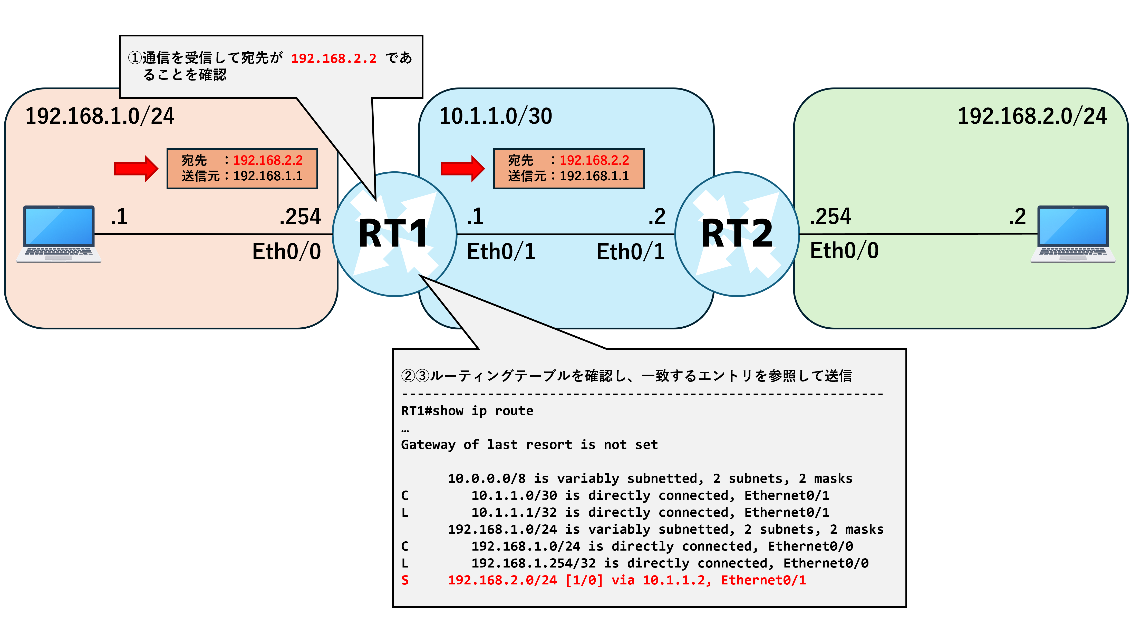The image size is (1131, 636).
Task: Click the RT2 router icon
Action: pyautogui.click(x=737, y=234)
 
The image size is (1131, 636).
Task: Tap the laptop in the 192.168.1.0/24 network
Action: pyautogui.click(x=59, y=234)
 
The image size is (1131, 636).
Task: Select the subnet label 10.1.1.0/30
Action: pyautogui.click(x=496, y=116)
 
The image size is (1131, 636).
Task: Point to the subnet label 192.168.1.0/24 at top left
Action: pyautogui.click(x=100, y=116)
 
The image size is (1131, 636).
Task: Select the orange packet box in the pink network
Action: pyautogui.click(x=242, y=169)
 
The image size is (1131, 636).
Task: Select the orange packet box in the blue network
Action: pyautogui.click(x=568, y=169)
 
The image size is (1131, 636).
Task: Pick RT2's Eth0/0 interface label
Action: pyautogui.click(x=844, y=251)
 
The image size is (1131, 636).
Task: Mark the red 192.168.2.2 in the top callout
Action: pyautogui.click(x=334, y=58)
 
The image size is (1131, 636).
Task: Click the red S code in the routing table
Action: pyautogui.click(x=405, y=580)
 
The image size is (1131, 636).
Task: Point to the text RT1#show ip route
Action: pyautogui.click(x=467, y=411)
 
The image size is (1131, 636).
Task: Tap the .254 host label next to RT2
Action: pyautogui.click(x=830, y=216)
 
